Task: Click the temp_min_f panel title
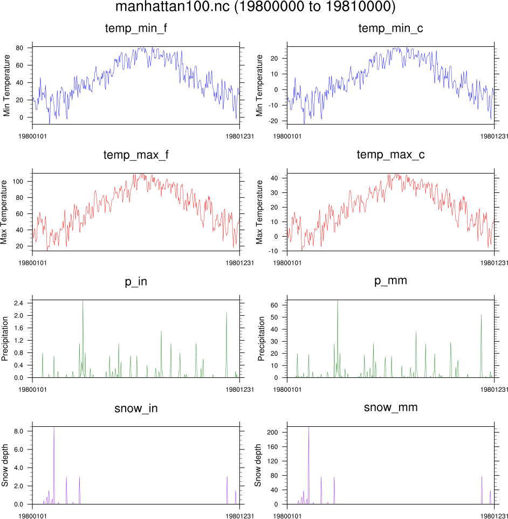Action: (x=135, y=29)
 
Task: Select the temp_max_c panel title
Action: (x=390, y=155)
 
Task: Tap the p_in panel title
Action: (x=135, y=281)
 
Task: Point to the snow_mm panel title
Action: (x=390, y=407)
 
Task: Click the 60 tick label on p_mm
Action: (x=273, y=305)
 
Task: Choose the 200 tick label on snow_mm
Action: (x=272, y=432)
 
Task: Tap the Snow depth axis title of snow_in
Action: (x=5, y=465)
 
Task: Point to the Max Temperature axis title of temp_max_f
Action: (x=5, y=212)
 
